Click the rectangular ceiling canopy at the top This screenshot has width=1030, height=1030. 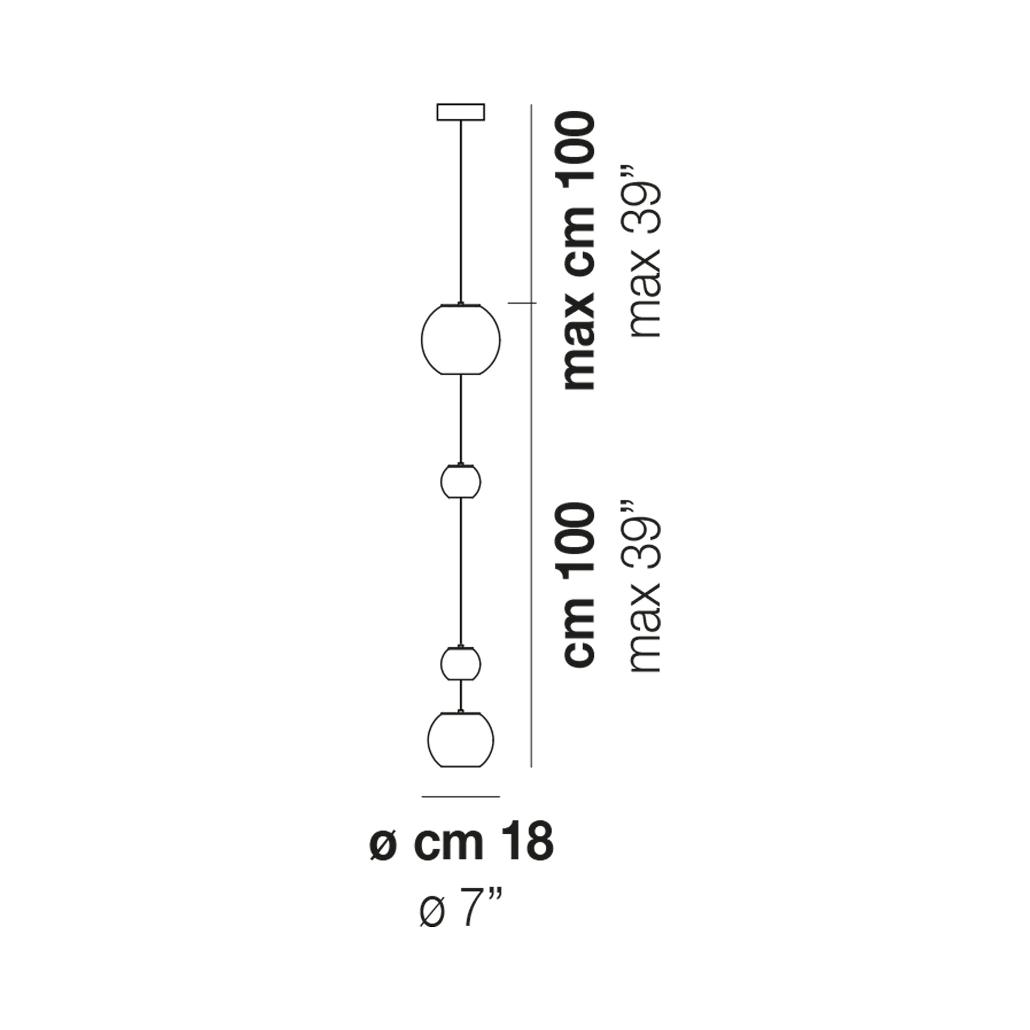coord(460,112)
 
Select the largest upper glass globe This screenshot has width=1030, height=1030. coord(460,339)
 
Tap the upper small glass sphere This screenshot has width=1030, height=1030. coord(460,482)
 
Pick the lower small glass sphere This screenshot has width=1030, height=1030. coord(460,664)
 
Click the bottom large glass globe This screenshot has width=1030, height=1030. coord(460,739)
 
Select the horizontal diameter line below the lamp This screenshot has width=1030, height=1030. coord(460,811)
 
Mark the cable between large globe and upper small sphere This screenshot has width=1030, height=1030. coord(460,419)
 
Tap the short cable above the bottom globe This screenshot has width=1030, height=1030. coord(460,695)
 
